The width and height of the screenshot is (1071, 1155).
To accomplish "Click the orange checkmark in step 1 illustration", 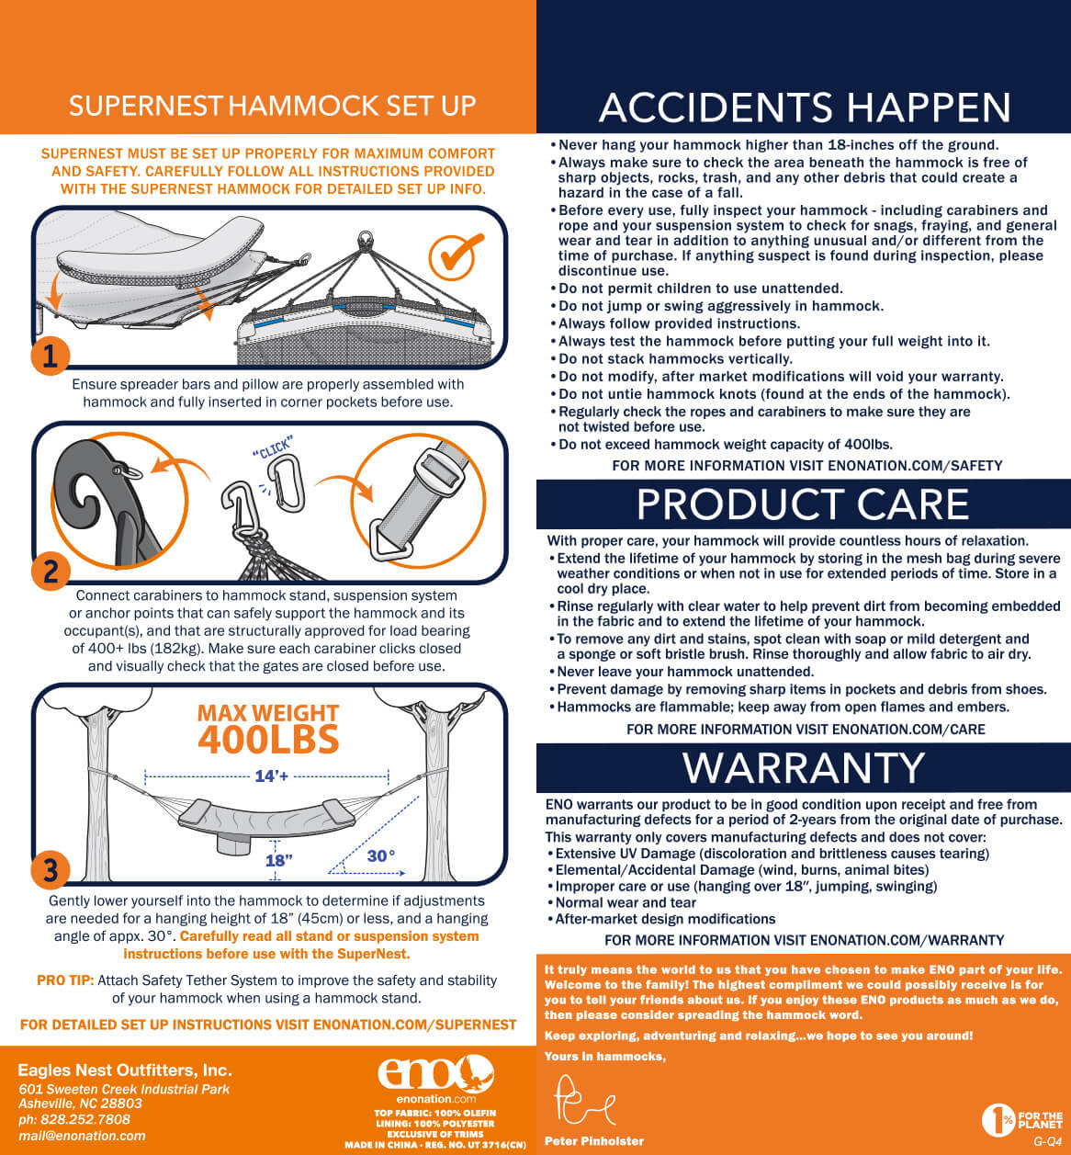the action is (x=456, y=255).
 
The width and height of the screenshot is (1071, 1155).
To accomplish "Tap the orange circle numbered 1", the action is (x=51, y=356).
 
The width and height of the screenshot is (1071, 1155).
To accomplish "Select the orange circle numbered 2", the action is (x=51, y=572).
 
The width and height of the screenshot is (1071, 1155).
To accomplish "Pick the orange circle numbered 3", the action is (x=51, y=870).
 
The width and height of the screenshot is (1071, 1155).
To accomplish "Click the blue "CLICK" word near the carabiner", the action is (x=273, y=447).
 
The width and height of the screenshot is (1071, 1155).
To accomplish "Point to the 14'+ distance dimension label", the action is (x=272, y=776).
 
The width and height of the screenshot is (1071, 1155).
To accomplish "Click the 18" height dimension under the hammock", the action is (x=279, y=860).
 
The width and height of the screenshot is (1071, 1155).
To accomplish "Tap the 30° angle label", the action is (x=381, y=855).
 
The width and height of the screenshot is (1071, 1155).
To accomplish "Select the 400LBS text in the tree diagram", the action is (x=268, y=740).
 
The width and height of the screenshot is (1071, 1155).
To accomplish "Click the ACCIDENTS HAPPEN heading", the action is (x=806, y=107).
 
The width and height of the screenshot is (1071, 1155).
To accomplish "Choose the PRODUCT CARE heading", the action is (x=803, y=504).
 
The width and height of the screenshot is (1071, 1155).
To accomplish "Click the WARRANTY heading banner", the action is (x=804, y=767).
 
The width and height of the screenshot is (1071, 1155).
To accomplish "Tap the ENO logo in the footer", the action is (x=436, y=1073).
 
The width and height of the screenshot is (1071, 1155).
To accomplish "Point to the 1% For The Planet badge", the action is (x=1022, y=1119).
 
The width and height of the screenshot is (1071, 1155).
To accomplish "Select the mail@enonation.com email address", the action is (x=82, y=1136).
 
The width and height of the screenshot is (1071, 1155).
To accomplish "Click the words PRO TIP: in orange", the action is (x=65, y=980).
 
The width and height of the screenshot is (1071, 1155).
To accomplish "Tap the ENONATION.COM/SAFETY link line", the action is (x=807, y=466).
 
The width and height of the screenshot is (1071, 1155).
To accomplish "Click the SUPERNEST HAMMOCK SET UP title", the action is (x=272, y=106).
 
